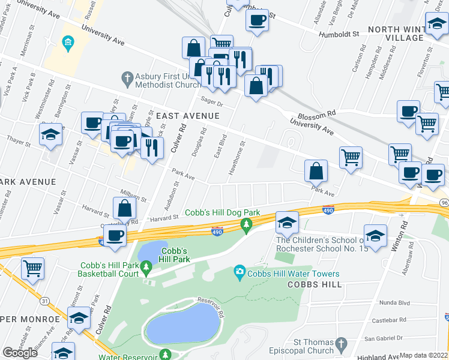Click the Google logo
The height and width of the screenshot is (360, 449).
20,353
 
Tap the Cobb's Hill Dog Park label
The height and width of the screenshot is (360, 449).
222,212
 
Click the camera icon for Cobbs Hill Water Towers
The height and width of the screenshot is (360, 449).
240,274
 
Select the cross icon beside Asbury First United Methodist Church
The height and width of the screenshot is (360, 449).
127,77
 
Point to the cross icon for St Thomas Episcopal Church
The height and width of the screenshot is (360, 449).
341,345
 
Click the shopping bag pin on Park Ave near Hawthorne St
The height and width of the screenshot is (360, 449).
316,172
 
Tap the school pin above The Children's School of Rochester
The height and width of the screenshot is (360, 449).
287,223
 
